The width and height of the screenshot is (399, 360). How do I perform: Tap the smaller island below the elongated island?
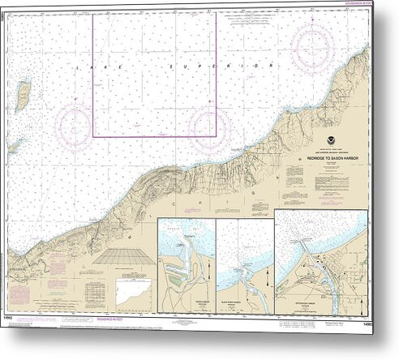pyautogui.click(x=15, y=147)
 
